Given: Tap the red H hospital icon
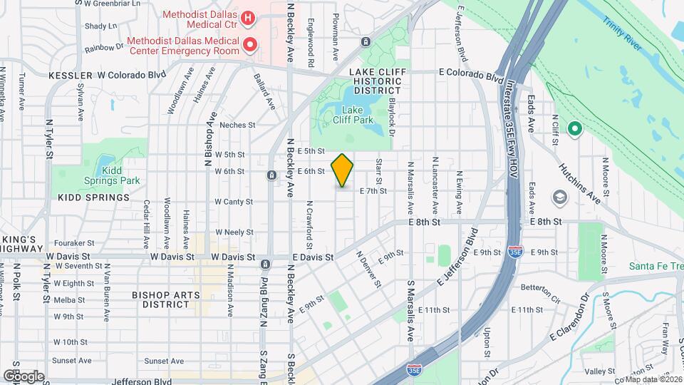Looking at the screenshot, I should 247,17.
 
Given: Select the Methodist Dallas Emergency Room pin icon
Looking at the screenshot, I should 249,45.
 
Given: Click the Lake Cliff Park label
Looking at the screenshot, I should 353,115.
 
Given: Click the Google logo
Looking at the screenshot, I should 24,375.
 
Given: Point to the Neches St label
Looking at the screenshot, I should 237,125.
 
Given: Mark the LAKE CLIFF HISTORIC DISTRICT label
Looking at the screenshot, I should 375,82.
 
